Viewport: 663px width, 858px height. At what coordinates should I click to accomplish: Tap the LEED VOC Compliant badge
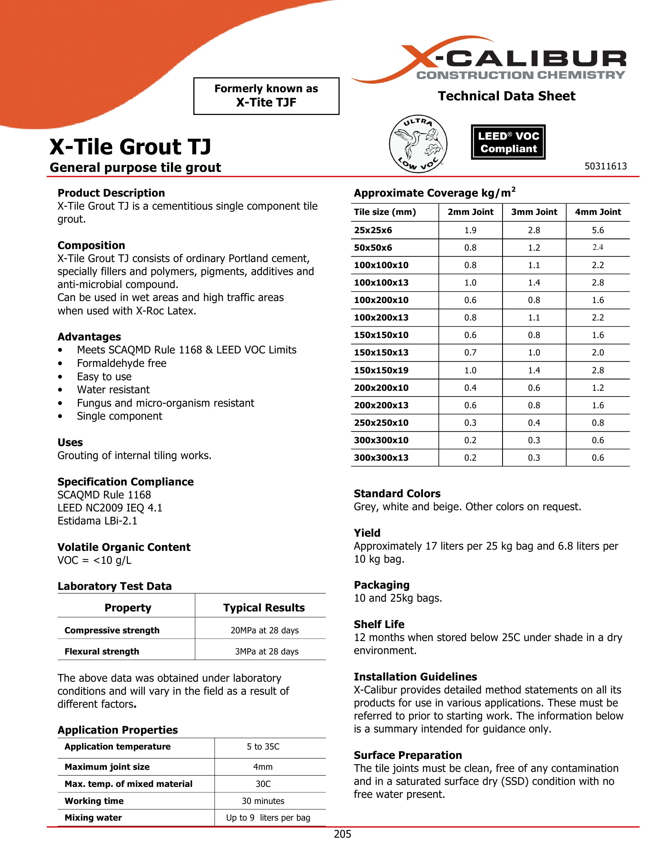coord(508,142)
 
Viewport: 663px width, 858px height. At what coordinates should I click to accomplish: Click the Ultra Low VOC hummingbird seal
coord(418,144)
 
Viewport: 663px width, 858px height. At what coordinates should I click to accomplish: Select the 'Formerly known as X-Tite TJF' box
coord(266,96)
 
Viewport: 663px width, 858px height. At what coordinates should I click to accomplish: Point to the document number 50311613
coord(605,166)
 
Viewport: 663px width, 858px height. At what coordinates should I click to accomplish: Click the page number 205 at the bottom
coord(342,834)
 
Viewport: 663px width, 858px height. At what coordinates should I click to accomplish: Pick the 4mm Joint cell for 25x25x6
coord(598,230)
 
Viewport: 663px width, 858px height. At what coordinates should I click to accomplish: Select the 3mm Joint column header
coord(534,212)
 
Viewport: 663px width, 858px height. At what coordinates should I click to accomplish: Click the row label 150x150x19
coord(381,370)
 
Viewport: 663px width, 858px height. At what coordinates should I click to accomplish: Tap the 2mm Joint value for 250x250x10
coord(470,423)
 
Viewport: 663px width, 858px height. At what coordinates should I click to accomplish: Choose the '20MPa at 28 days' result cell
coord(264,630)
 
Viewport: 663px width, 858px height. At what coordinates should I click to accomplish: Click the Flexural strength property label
coord(102,652)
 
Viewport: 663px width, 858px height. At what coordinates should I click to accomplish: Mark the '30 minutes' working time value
coord(263,801)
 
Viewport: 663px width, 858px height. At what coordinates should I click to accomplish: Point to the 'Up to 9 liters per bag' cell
coord(268,818)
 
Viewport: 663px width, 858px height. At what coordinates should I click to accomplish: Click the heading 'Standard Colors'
coord(397,494)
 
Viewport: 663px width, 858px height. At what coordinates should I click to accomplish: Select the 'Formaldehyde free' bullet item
coord(121,363)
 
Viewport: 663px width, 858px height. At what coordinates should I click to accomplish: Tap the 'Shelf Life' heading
coord(379,624)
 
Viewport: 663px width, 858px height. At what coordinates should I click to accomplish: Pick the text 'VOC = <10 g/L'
coord(94,561)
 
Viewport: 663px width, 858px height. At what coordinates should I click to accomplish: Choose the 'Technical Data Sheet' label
coord(507,96)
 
